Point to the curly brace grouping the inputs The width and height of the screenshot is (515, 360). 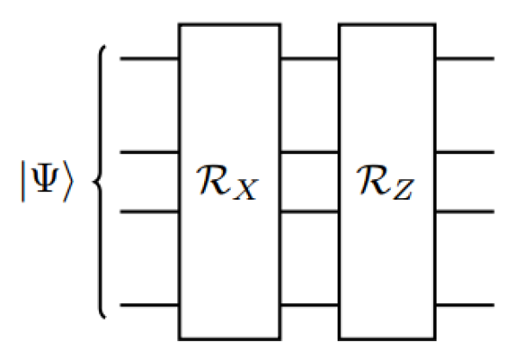click(x=102, y=182)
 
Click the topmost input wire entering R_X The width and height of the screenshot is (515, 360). click(x=149, y=59)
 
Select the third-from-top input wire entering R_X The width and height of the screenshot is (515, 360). click(x=149, y=210)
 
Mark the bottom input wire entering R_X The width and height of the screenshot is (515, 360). click(x=149, y=305)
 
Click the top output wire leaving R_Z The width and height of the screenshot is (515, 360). click(x=465, y=59)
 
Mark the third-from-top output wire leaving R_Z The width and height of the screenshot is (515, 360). click(x=465, y=210)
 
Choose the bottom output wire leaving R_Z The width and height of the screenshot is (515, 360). click(x=465, y=305)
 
